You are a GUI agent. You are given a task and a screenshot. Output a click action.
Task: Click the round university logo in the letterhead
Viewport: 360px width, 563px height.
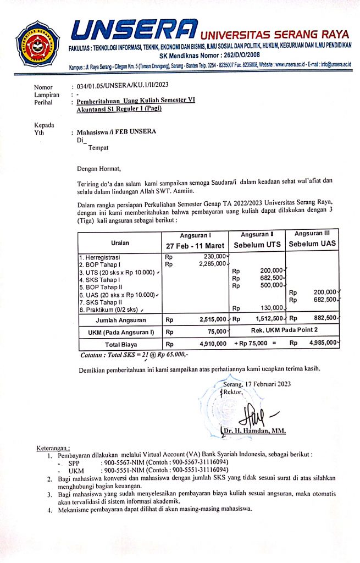(37, 43)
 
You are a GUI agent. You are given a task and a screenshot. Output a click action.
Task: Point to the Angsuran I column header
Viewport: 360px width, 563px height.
(195, 235)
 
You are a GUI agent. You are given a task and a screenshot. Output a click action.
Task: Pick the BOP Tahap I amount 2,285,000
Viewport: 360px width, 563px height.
(211, 263)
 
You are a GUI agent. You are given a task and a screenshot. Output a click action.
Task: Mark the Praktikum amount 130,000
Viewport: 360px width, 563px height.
(271, 308)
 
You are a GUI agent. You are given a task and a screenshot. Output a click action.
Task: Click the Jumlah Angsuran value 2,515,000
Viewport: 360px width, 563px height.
(211, 319)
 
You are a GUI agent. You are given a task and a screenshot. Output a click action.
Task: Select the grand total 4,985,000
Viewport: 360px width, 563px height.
(322, 344)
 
